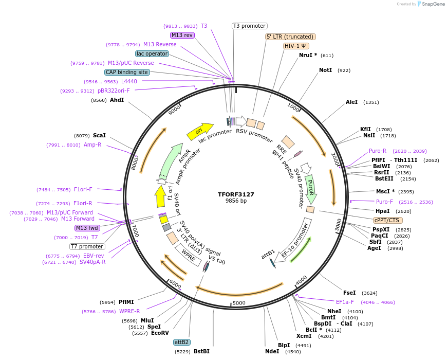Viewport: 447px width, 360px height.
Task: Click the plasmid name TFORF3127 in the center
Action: [236, 194]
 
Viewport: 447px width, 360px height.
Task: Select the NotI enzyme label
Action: [325, 70]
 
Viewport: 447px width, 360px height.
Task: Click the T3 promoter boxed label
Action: [249, 26]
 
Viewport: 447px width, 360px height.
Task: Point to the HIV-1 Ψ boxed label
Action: [296, 46]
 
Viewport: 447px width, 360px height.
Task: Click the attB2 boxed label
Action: [181, 342]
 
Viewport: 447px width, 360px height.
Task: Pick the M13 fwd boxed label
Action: [87, 228]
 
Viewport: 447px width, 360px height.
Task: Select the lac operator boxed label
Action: [152, 53]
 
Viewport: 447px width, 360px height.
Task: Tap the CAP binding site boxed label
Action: [127, 73]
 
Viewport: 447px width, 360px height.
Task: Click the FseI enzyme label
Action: [349, 293]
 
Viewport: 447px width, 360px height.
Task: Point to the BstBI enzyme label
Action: [201, 352]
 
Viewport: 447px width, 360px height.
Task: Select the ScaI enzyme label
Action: [99, 136]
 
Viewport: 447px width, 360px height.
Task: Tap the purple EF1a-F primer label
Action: [345, 302]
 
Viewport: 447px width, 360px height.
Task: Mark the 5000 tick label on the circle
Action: [239, 303]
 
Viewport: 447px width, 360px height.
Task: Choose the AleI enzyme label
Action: [351, 102]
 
